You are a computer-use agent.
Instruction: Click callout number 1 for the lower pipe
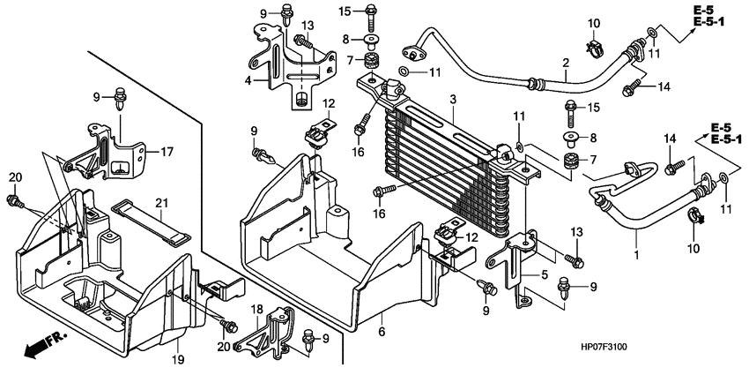pyautogui.click(x=635, y=256)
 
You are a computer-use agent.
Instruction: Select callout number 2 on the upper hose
pyautogui.click(x=565, y=62)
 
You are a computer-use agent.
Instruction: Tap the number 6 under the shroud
pyautogui.click(x=382, y=331)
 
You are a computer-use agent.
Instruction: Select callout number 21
pyautogui.click(x=160, y=204)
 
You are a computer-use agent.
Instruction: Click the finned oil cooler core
pyautogui.click(x=449, y=168)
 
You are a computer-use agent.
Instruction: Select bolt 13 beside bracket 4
pyautogui.click(x=302, y=41)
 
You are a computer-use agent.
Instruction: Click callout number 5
pyautogui.click(x=545, y=274)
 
